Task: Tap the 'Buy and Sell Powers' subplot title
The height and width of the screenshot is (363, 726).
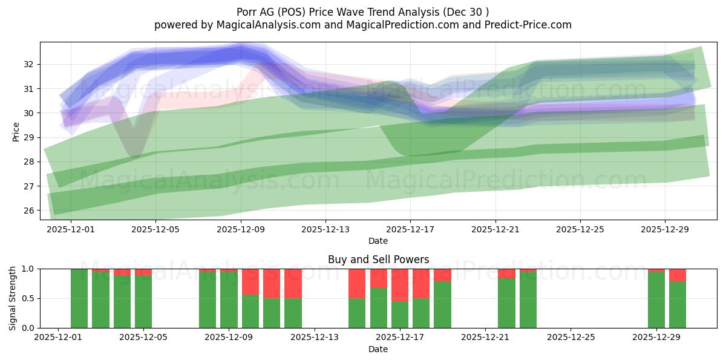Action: coord(378,260)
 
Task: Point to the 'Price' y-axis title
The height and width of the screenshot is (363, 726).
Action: coord(16,131)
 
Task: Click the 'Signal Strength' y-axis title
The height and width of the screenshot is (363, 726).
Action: coord(13,298)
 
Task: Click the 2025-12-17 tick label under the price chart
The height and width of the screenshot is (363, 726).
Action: coord(410,230)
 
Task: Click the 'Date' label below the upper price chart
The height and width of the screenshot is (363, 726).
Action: coord(378,241)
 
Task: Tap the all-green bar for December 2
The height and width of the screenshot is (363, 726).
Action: coord(79,298)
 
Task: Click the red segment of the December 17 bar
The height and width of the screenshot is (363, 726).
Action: coord(400,285)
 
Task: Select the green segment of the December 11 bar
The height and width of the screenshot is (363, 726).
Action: coord(272,313)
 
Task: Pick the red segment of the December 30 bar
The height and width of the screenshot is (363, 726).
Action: coord(678,275)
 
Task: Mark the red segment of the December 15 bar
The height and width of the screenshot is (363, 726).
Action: coord(357,283)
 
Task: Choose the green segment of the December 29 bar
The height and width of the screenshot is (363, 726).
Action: coord(656,300)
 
